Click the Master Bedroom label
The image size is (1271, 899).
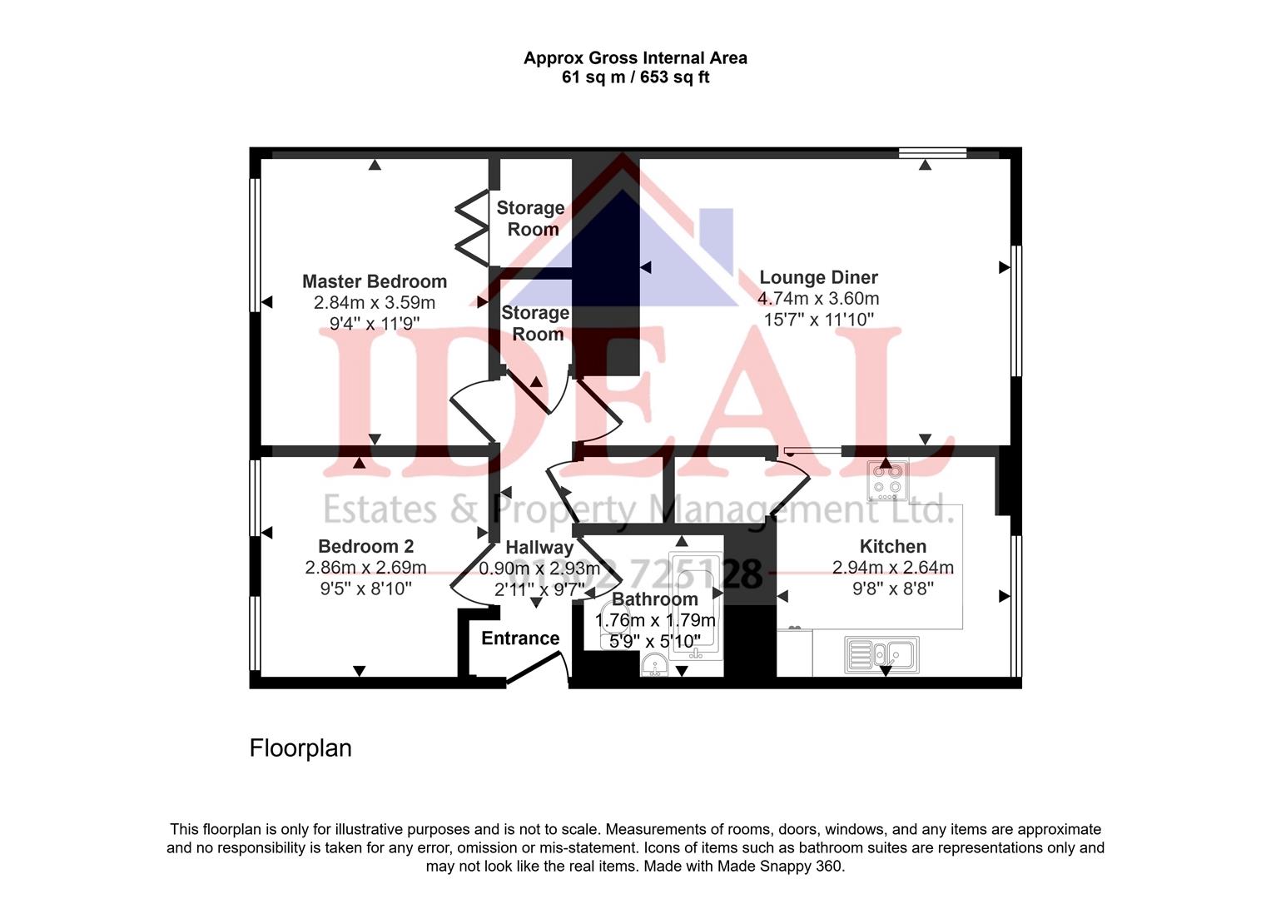tap(374, 281)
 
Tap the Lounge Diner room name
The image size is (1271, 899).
tap(818, 277)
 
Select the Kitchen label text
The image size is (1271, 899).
tap(892, 546)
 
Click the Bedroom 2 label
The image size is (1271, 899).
tap(365, 546)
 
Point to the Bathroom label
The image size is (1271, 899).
tap(654, 599)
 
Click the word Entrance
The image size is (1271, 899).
tap(520, 638)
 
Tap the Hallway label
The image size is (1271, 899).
tap(539, 548)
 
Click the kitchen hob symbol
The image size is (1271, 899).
tap(887, 479)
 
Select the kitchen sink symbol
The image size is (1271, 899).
tap(881, 654)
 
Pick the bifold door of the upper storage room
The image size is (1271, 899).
tap(472, 228)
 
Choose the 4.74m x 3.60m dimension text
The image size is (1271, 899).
tap(818, 299)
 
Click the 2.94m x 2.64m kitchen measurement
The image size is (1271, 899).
tap(892, 568)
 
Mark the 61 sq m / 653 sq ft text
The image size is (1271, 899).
tap(635, 78)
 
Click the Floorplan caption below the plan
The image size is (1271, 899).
tap(300, 748)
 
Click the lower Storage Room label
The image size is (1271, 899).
tap(536, 324)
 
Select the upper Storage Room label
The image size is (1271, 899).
tap(531, 218)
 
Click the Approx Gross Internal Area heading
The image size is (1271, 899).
tap(635, 58)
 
